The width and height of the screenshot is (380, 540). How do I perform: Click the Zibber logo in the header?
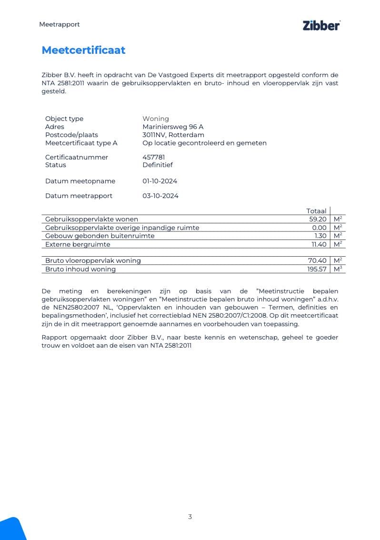(x=321, y=26)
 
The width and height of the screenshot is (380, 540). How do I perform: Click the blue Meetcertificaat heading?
(x=83, y=50)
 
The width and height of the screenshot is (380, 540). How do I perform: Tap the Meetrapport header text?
(x=59, y=24)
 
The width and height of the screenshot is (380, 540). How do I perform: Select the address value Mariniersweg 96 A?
(x=173, y=127)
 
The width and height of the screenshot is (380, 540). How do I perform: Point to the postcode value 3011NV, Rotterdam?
(x=173, y=135)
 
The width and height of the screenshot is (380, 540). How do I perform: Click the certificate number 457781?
(x=153, y=157)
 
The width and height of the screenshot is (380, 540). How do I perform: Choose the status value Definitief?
(x=158, y=165)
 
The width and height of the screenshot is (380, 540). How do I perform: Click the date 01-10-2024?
(x=160, y=181)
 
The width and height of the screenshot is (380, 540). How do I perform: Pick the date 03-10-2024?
(x=160, y=196)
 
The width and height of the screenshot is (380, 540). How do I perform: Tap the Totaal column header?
(x=316, y=211)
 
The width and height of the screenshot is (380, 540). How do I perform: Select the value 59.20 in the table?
(x=318, y=219)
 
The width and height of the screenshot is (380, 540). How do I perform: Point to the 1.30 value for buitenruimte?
(x=320, y=236)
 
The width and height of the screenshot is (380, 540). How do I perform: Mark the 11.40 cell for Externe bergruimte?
(x=319, y=244)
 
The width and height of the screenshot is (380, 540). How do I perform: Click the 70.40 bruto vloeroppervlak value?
(x=318, y=260)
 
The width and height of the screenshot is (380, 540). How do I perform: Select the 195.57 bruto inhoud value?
(x=317, y=269)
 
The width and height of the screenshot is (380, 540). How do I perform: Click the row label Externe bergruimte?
(x=78, y=244)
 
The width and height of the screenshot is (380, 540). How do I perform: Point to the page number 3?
(x=190, y=517)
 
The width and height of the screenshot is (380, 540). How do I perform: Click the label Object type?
(x=64, y=119)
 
